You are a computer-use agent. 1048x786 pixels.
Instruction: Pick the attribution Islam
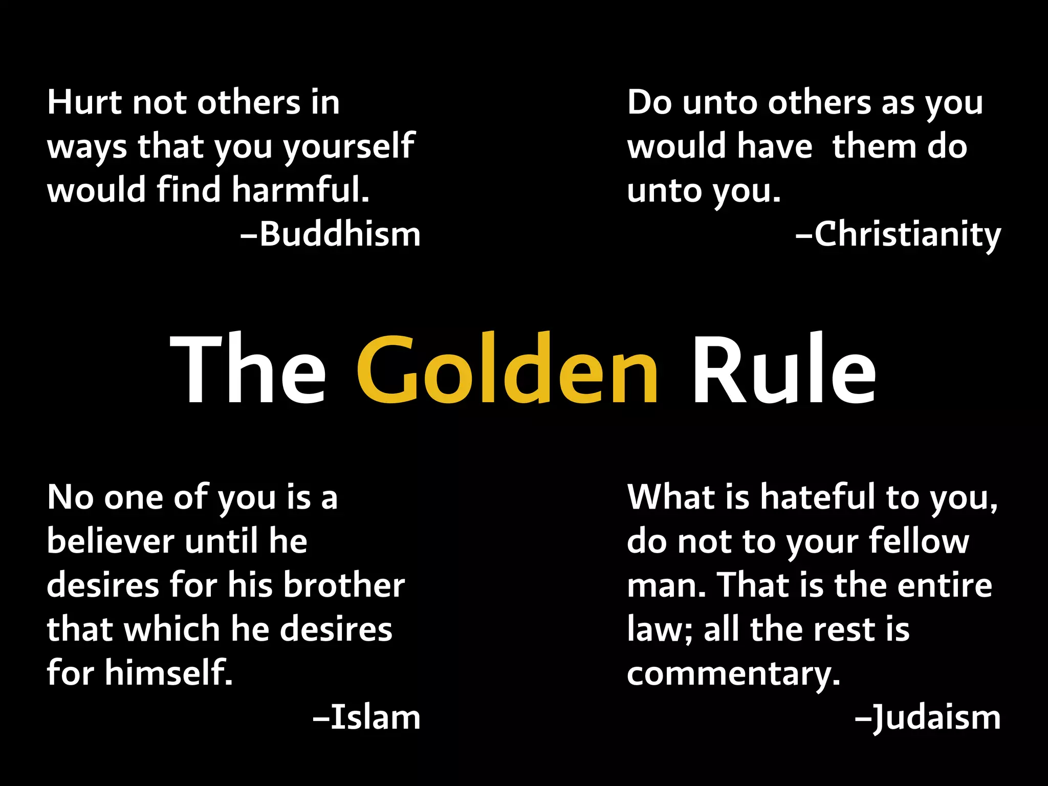coord(376,717)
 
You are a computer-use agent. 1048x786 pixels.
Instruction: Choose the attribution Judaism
coord(936,717)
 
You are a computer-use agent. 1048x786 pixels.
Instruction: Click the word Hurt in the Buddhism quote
coord(85,102)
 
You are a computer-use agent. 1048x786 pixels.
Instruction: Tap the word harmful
coord(300,190)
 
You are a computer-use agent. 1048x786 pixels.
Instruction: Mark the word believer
coord(111,541)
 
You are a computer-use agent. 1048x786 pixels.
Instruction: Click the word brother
coord(344,585)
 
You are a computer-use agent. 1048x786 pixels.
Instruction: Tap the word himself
coord(169,672)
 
